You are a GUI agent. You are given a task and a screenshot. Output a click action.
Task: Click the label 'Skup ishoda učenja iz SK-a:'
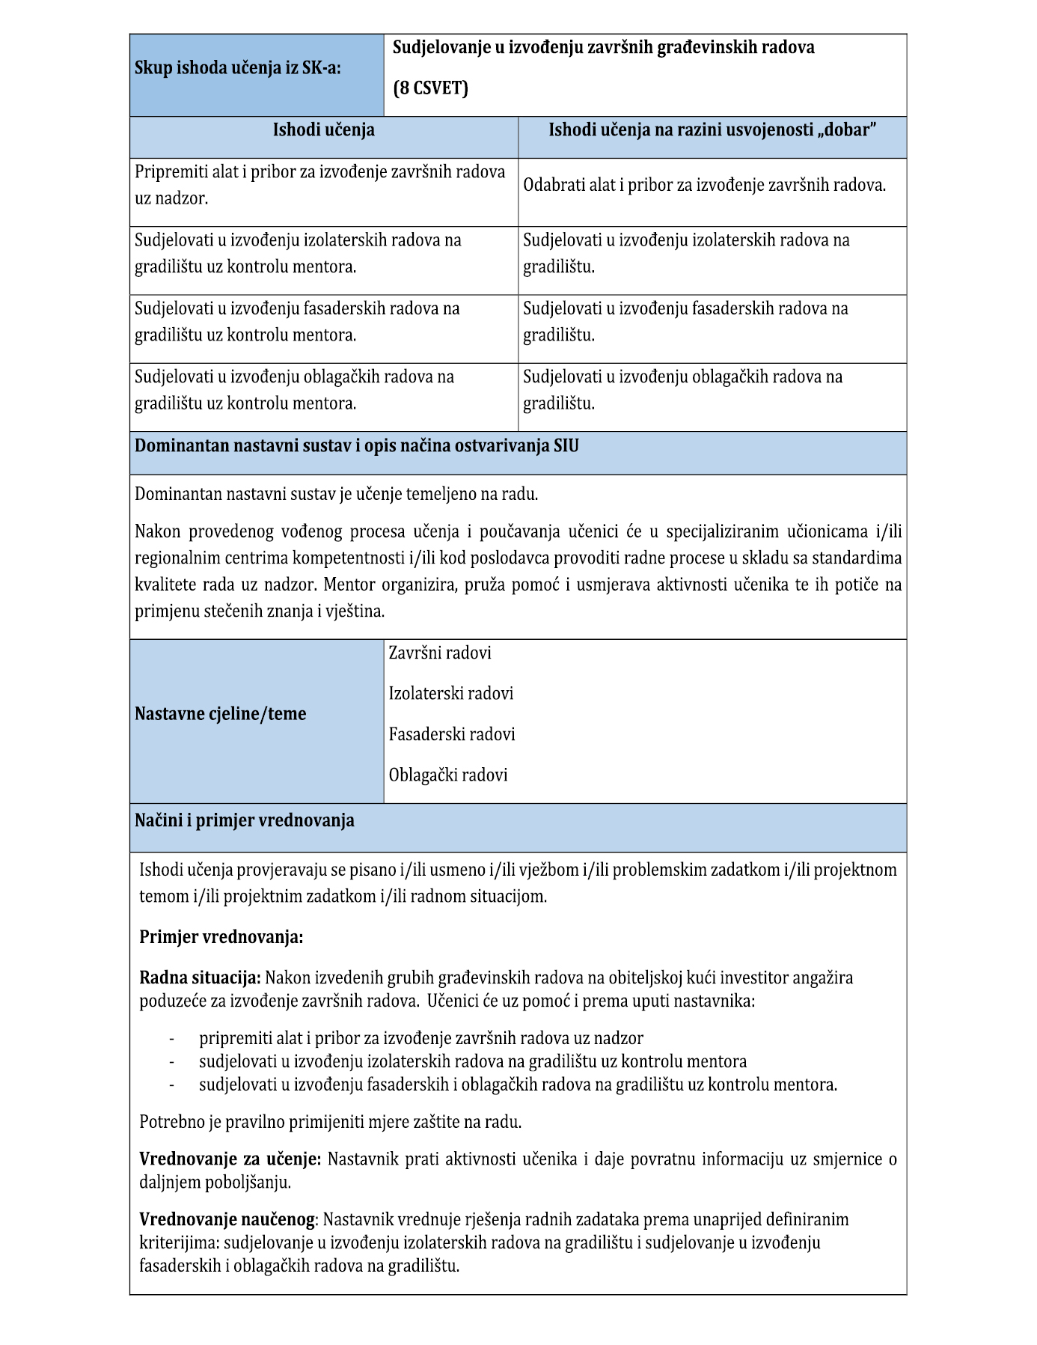pos(237,68)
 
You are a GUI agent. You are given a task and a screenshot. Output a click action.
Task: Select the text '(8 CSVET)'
pos(430,88)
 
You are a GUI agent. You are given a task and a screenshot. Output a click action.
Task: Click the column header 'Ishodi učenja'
pos(323,130)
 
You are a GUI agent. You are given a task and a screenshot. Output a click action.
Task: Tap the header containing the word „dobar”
pos(712,130)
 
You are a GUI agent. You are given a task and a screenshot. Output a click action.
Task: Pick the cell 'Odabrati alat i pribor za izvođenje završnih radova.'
pos(704,186)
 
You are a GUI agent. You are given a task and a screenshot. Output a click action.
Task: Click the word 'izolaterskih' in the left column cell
pos(345,240)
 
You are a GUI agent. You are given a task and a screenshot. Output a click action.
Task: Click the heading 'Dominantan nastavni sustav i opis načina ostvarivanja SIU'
pos(356,446)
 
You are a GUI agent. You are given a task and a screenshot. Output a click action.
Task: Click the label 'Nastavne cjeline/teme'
pos(220,714)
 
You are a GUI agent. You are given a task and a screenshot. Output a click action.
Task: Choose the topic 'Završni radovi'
pos(440,653)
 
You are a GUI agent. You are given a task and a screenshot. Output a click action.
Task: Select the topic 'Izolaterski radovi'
pos(450,694)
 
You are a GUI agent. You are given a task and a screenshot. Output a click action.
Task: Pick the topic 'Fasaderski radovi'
pos(452,734)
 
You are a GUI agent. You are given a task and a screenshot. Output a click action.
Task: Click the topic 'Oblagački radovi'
pos(447,775)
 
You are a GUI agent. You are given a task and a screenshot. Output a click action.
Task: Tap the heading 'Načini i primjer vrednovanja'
pos(244,820)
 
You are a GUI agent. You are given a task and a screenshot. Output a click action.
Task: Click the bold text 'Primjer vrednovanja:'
pos(221,937)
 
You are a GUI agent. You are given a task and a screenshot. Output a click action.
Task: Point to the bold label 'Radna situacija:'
pos(200,978)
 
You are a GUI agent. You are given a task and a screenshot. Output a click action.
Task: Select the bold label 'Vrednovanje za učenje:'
pos(230,1159)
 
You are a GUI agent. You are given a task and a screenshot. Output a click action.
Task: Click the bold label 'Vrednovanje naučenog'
pos(227,1219)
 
